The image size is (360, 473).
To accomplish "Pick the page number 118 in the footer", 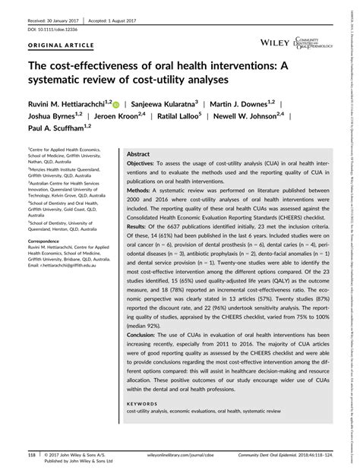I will point(32,456).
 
